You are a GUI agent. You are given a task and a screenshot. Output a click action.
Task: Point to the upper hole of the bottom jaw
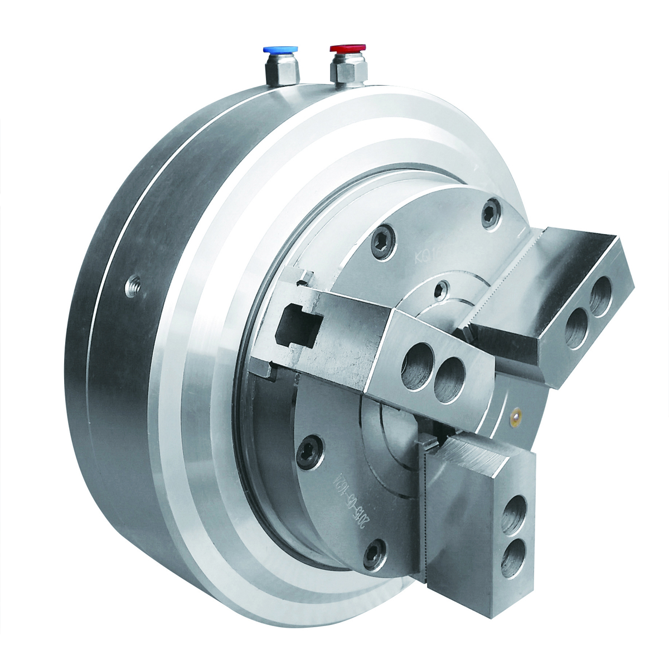pos(516,521)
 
